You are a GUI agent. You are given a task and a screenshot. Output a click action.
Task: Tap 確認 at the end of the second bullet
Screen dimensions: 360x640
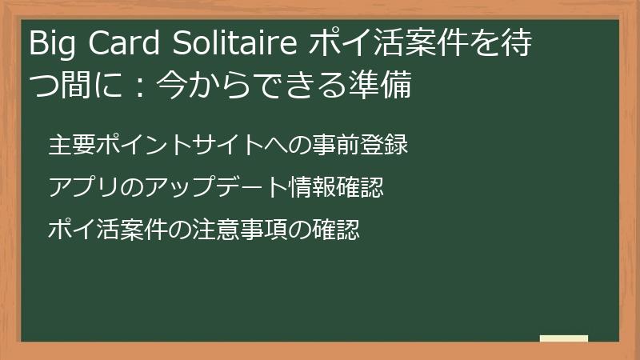pos(359,189)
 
